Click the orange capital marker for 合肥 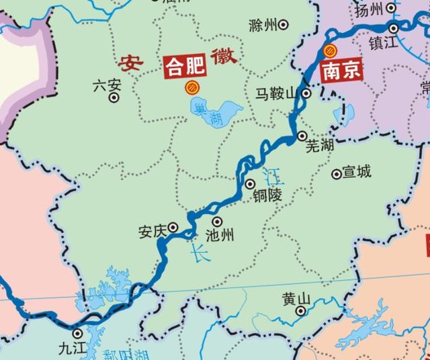pos(191,87)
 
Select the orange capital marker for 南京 pos(329,50)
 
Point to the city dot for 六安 pos(114,97)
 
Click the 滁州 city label pos(262,26)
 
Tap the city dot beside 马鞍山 pos(306,94)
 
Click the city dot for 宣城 pos(336,174)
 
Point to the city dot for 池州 pos(217,221)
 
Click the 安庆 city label pos(152,230)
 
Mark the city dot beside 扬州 pos(393,28)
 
